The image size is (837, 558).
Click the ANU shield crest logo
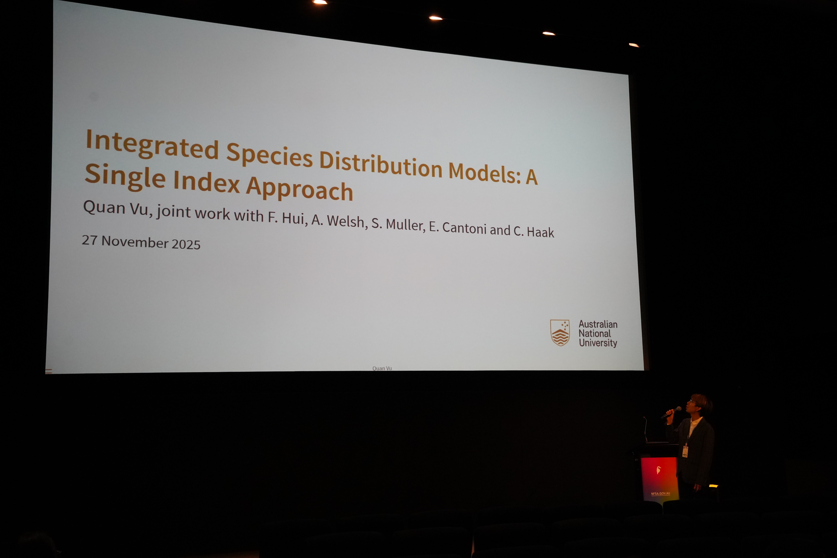[560, 332]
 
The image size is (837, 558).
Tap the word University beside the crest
[598, 343]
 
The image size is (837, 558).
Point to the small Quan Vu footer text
[382, 368]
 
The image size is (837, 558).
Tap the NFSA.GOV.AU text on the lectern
[661, 494]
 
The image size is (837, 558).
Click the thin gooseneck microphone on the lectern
[645, 429]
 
